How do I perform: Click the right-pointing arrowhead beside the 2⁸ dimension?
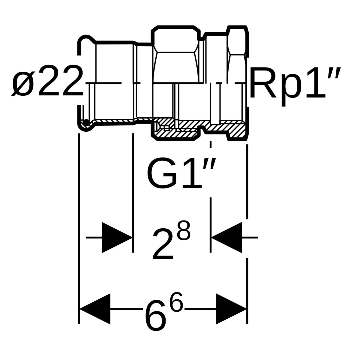point(117,237)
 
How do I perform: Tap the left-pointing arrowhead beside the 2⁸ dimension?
point(226,237)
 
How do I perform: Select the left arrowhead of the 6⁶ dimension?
point(95,309)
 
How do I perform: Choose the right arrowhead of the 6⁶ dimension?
point(231,309)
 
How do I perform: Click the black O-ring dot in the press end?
point(86,122)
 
